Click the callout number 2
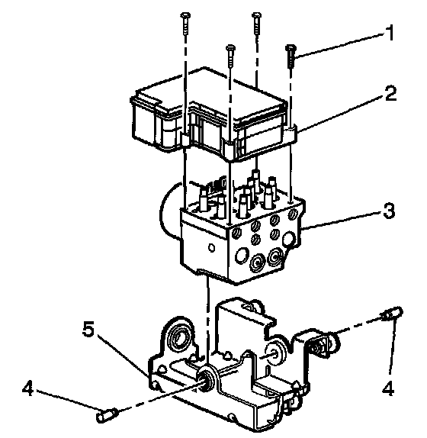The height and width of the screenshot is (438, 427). [x=390, y=94]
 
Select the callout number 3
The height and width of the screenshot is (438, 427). [x=389, y=210]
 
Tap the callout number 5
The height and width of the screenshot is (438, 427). [x=89, y=329]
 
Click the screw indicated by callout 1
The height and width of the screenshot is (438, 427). [x=291, y=56]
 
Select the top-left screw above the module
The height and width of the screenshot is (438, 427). [x=185, y=24]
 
